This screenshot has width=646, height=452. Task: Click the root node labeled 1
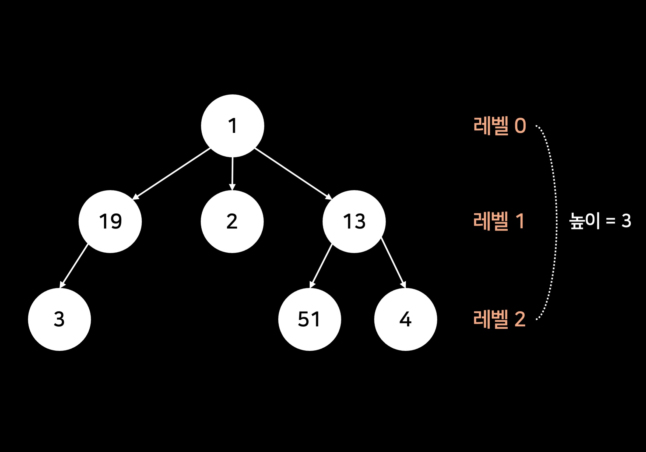click(x=232, y=126)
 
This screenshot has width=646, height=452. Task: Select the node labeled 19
click(x=110, y=221)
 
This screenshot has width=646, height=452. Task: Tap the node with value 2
click(x=232, y=221)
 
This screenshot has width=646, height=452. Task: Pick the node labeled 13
click(x=354, y=221)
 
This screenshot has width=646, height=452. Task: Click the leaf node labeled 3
click(x=59, y=319)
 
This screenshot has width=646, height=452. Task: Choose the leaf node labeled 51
click(x=310, y=319)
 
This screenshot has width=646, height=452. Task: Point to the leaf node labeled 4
click(x=405, y=319)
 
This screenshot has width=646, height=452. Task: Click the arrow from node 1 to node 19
click(x=172, y=174)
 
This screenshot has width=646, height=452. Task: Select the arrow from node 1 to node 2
click(x=232, y=173)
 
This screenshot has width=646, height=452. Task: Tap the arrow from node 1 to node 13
click(x=293, y=174)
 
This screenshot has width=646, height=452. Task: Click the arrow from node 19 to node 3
click(x=74, y=266)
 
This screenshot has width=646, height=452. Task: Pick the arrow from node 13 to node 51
click(x=321, y=266)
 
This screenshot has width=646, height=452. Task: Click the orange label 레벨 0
click(x=499, y=126)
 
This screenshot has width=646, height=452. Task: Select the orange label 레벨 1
click(x=498, y=221)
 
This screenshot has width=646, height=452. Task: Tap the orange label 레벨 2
click(x=499, y=319)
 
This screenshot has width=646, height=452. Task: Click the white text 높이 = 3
click(x=600, y=221)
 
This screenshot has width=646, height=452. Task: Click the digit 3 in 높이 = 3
click(x=626, y=221)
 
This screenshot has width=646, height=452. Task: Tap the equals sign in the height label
click(x=611, y=221)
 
